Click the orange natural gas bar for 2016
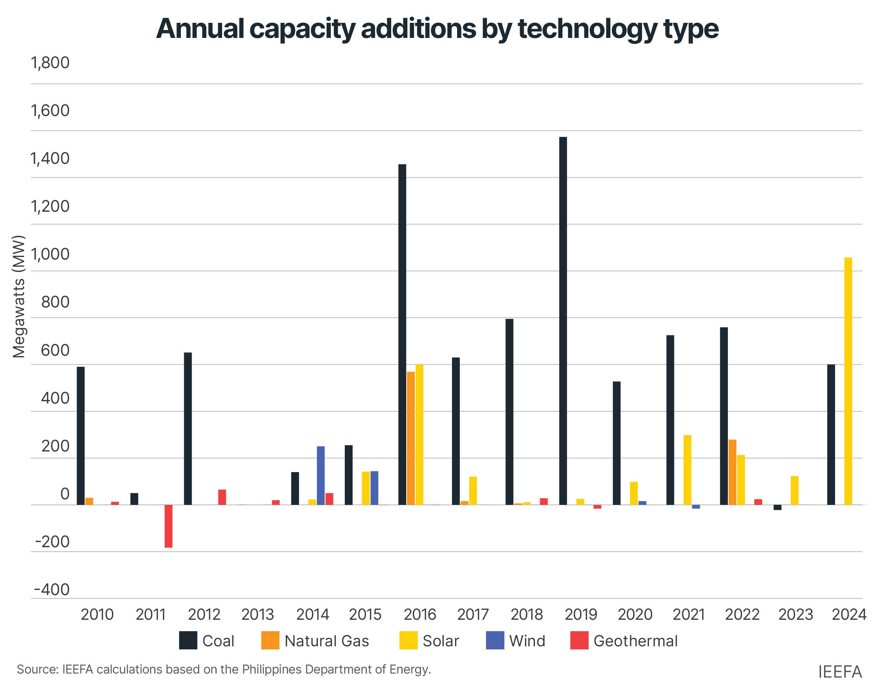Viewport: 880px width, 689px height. pyautogui.click(x=410, y=438)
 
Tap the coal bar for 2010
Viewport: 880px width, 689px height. pyautogui.click(x=81, y=436)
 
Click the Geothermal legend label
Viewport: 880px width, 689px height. pyautogui.click(x=635, y=641)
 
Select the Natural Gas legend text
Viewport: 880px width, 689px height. pyautogui.click(x=326, y=641)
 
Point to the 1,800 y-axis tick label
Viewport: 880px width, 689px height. pyautogui.click(x=50, y=63)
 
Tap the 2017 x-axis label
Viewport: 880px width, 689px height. pyautogui.click(x=473, y=614)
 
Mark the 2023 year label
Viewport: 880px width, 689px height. pyautogui.click(x=795, y=614)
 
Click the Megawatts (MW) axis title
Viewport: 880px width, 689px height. pyautogui.click(x=18, y=296)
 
